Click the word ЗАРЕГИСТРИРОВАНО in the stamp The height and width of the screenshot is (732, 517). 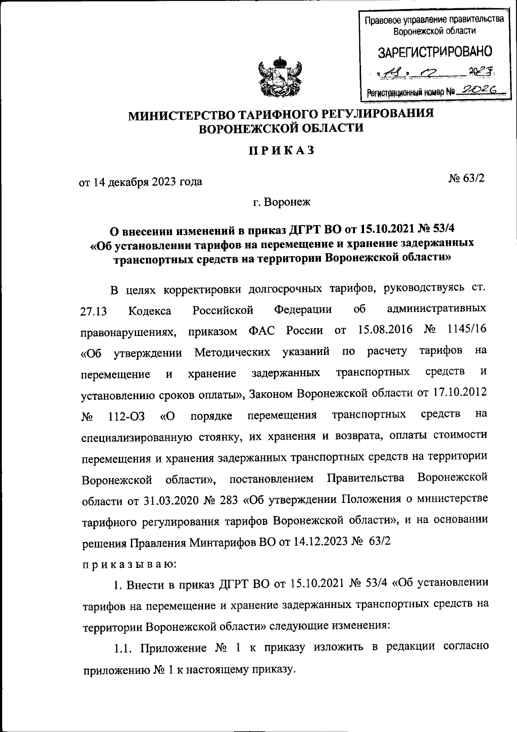(x=435, y=53)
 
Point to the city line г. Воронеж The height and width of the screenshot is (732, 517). (x=281, y=202)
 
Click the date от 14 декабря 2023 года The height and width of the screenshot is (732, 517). (x=140, y=182)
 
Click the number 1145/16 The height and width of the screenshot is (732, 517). (x=467, y=330)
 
